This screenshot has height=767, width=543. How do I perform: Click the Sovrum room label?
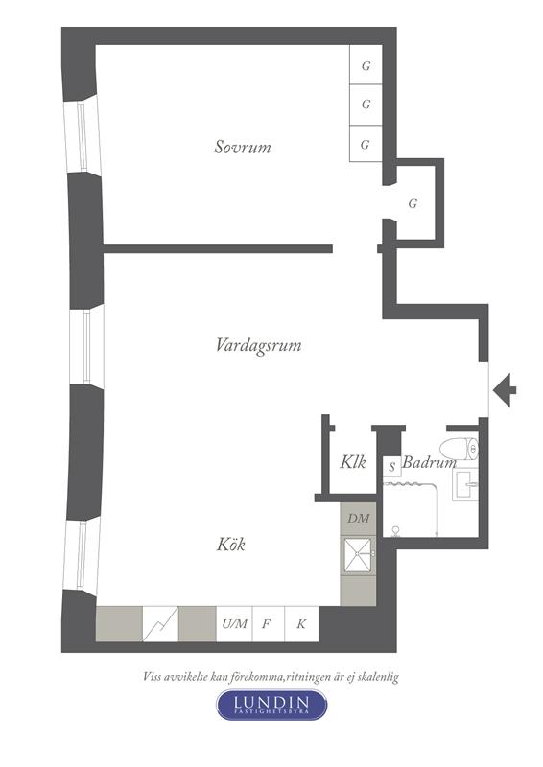[243, 147]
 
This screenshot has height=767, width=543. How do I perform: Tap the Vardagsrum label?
[258, 345]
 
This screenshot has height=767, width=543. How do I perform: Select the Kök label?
[230, 544]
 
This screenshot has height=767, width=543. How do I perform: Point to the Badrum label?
[429, 462]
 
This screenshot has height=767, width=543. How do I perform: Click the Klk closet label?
[353, 462]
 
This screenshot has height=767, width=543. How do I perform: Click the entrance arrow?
[505, 390]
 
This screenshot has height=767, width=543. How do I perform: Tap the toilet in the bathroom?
[459, 449]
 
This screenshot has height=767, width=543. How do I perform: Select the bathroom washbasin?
[465, 484]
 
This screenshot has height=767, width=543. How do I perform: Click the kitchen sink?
[359, 555]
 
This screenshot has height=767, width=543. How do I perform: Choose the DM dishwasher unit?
[359, 519]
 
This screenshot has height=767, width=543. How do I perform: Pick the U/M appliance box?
[234, 624]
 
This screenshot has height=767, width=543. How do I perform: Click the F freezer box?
[269, 624]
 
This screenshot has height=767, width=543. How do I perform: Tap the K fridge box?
[301, 624]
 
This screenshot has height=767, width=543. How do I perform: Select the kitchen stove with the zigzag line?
[160, 624]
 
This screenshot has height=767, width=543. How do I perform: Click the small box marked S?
[391, 466]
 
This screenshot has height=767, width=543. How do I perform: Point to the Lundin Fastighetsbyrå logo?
[271, 705]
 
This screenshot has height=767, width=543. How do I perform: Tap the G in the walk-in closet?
[413, 203]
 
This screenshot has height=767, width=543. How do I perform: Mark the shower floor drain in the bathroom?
[395, 530]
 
